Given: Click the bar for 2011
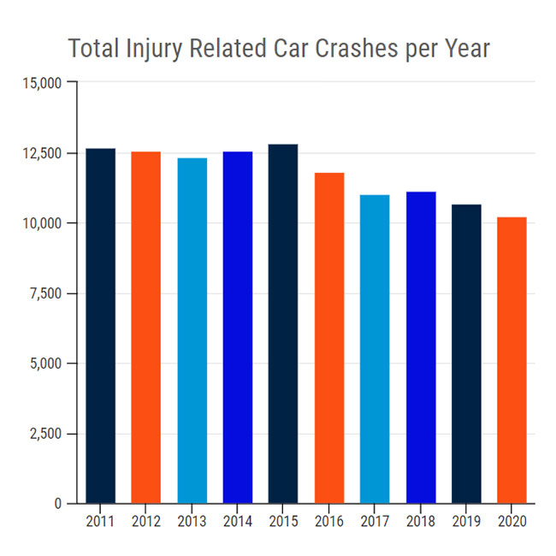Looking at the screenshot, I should pyautogui.click(x=100, y=326).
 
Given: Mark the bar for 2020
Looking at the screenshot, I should pyautogui.click(x=512, y=360).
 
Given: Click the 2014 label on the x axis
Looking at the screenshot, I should pyautogui.click(x=238, y=520).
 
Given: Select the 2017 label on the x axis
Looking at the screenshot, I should pyautogui.click(x=375, y=520).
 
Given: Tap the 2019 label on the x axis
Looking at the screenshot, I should pyautogui.click(x=466, y=520).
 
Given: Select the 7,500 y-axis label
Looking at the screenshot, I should pyautogui.click(x=44, y=293).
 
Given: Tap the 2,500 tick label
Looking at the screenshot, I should pyautogui.click(x=44, y=434).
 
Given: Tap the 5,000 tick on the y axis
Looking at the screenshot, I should pyautogui.click(x=44, y=364).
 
